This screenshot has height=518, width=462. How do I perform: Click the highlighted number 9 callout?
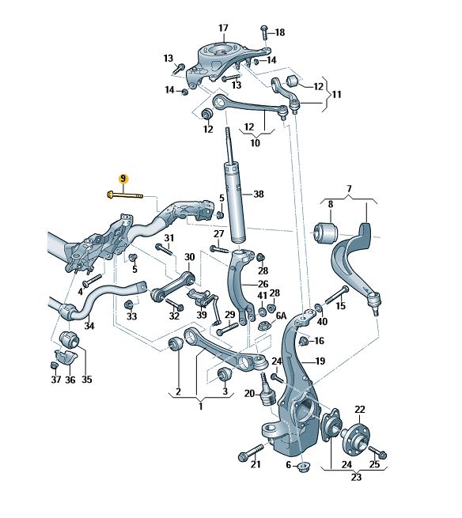point(123,179)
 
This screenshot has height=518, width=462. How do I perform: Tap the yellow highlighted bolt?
point(125,195)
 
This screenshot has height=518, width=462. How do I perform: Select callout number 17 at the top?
point(223,28)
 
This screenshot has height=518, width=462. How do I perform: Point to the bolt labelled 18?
point(265,32)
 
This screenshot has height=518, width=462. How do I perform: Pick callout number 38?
point(259,194)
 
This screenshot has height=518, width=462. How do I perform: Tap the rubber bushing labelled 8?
point(326,232)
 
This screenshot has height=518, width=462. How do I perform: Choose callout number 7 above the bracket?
point(349,189)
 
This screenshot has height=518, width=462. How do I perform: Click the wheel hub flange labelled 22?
point(355,437)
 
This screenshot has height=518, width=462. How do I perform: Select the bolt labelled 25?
point(377,452)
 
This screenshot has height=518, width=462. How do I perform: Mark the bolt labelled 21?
point(251,453)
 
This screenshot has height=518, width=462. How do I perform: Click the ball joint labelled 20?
point(267,391)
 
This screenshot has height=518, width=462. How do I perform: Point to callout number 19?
point(320,361)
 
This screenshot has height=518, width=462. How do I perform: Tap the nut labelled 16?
point(303,341)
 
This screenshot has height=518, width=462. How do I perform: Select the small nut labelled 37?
point(55,365)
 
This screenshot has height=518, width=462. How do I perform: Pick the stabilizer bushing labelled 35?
point(69,339)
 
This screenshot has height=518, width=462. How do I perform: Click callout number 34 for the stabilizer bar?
point(89,326)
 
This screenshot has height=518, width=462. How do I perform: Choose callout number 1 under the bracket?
point(201,406)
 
